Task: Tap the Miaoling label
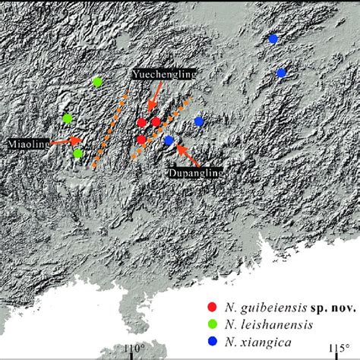[30, 142]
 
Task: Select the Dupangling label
[195, 173]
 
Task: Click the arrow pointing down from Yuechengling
[153, 98]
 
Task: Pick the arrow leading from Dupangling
[188, 157]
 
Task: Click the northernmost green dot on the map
[97, 82]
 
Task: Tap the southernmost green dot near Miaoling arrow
[77, 153]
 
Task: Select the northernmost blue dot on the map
[273, 38]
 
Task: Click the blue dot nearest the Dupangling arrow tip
[169, 140]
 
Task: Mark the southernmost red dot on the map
[141, 140]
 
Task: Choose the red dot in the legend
[212, 308]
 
